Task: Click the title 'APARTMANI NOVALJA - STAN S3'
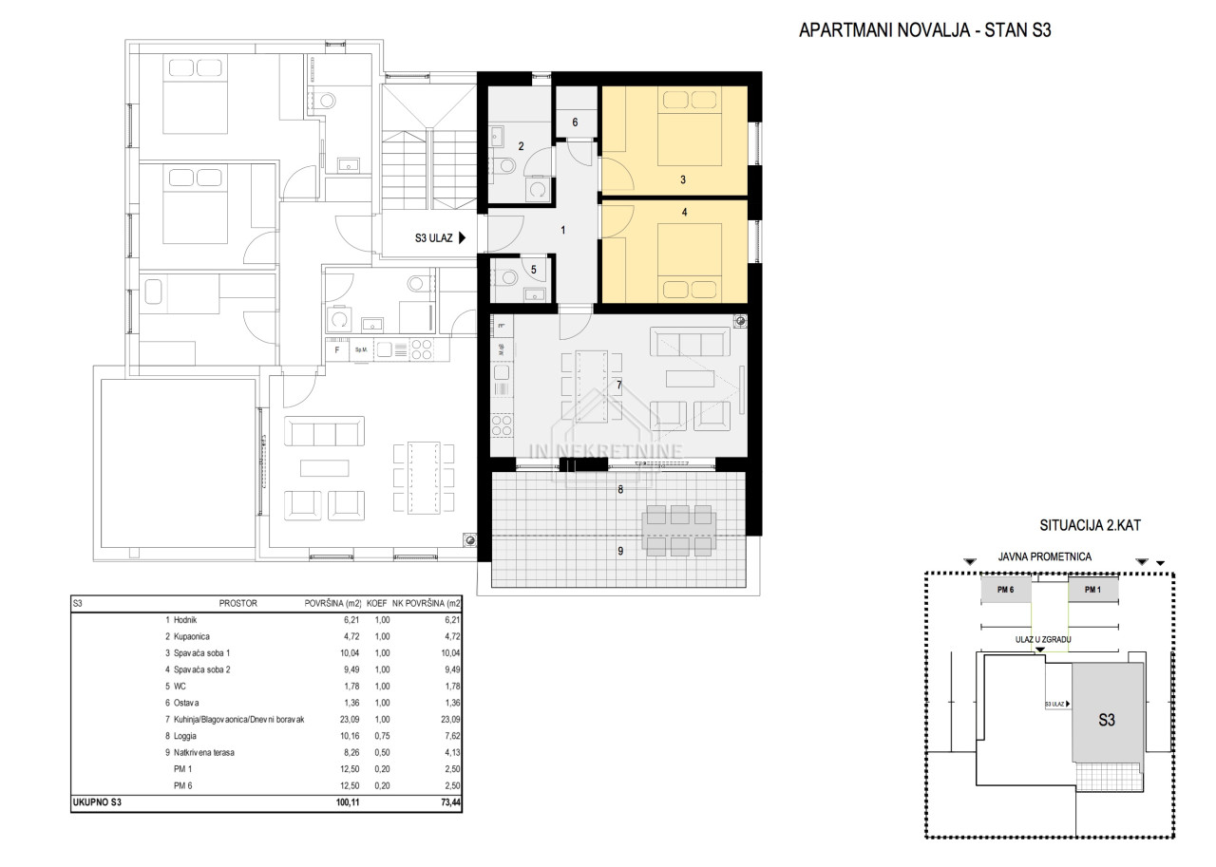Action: [924, 30]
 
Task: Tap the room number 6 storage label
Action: [575, 123]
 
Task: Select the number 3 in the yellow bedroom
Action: [683, 179]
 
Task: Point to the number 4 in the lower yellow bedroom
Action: [685, 212]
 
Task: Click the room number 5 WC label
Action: [534, 270]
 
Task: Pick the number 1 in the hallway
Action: [563, 230]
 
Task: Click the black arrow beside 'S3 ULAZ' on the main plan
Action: [462, 237]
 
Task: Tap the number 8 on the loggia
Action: [620, 489]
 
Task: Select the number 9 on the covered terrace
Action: [620, 551]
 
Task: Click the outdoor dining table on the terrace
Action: [679, 531]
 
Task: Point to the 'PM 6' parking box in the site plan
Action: [1005, 590]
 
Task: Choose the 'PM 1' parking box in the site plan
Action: [1092, 590]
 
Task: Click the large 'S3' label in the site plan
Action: [1107, 720]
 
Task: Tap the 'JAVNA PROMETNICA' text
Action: [1044, 556]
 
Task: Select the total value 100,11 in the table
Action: [348, 802]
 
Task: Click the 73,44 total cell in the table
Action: [450, 802]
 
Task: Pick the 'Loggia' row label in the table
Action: [184, 736]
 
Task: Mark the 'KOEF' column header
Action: [377, 603]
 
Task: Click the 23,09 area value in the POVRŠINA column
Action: [350, 720]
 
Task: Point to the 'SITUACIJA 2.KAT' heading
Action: [1090, 525]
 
